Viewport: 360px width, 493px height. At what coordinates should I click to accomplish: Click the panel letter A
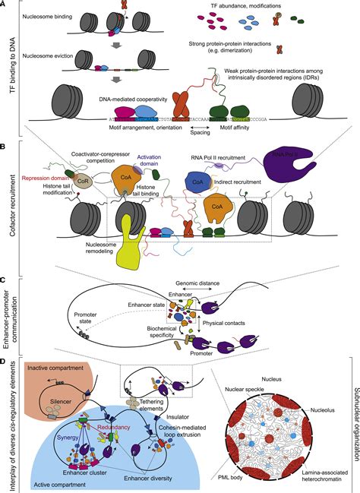point(5,5)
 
